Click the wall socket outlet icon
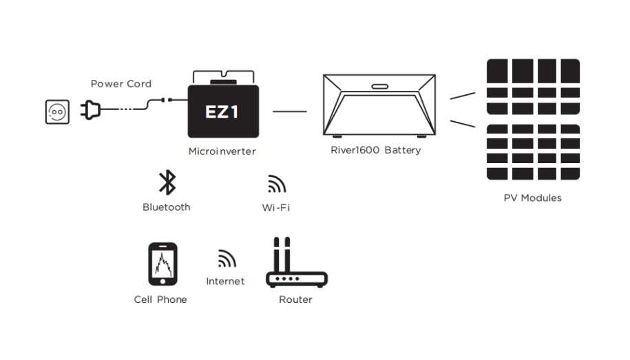57,112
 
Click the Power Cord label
121,84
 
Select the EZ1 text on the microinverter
222,111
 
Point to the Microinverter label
222,151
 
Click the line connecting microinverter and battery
290,110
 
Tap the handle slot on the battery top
379,87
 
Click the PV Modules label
532,198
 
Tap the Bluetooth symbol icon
167,182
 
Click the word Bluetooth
167,207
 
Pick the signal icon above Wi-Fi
276,184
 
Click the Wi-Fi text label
275,207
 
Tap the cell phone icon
162,264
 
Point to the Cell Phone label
160,299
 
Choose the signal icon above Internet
227,259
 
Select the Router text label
295,299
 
